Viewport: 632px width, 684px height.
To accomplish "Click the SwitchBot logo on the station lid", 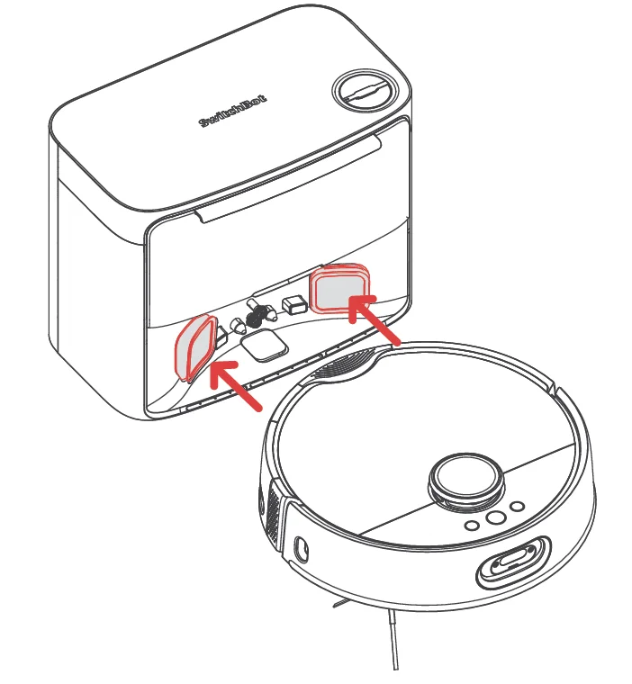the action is pyautogui.click(x=233, y=111).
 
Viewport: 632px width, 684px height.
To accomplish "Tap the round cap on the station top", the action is pyautogui.click(x=366, y=92).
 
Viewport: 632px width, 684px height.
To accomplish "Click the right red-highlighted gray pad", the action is pyautogui.click(x=339, y=287).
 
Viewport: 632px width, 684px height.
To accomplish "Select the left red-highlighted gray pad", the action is pyautogui.click(x=195, y=347).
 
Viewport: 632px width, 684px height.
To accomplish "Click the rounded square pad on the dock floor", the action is pyautogui.click(x=265, y=346).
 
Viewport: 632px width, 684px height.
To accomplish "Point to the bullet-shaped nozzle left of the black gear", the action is pyautogui.click(x=239, y=325).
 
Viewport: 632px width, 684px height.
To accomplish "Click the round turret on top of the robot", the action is pyautogui.click(x=466, y=480).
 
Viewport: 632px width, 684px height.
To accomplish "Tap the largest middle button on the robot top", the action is pyautogui.click(x=495, y=517).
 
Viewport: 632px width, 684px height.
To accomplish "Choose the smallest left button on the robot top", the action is pyautogui.click(x=472, y=526).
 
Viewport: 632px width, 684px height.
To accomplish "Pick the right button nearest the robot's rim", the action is pyautogui.click(x=518, y=507).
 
